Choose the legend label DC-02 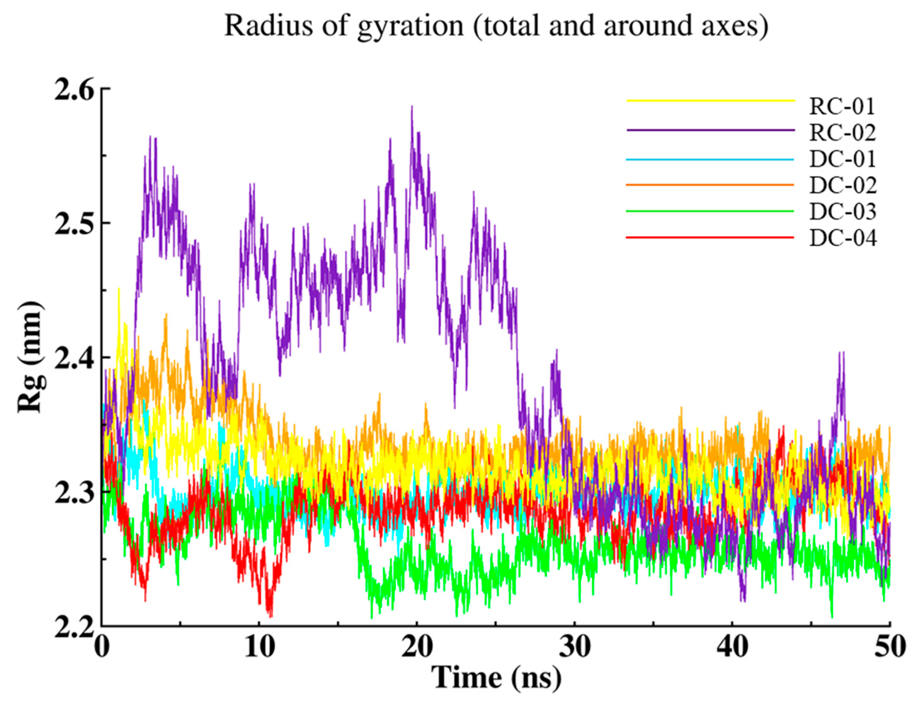[x=842, y=185]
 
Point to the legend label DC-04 [x=842, y=238]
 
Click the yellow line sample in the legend [x=710, y=101]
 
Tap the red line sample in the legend [x=710, y=237]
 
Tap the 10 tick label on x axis [x=259, y=648]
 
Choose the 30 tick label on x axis [x=575, y=648]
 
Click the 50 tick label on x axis [x=889, y=648]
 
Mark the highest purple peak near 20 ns [x=412, y=108]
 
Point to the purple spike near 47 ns [x=841, y=354]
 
